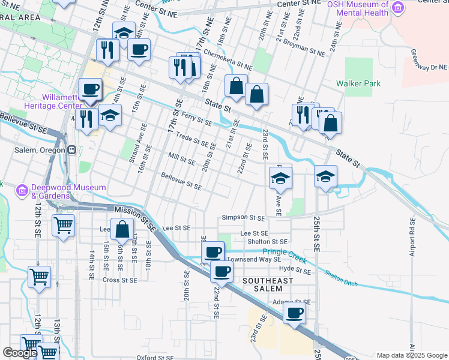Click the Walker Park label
tap(358, 84)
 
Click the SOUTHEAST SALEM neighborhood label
tap(268, 285)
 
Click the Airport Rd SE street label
tap(412, 239)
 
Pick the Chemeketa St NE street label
tap(228, 59)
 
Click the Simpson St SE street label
tap(243, 218)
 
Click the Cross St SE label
tap(120, 280)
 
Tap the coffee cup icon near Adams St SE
tap(294, 313)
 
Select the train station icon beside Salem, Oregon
tap(71, 150)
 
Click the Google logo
tap(20, 353)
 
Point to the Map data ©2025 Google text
tap(412, 355)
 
